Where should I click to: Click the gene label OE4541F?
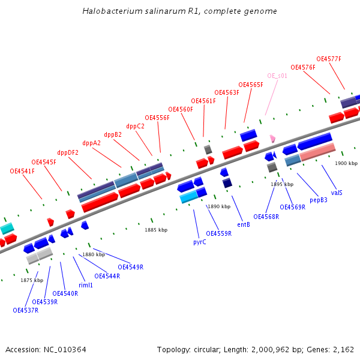[x=22, y=171]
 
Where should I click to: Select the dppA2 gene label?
[x=91, y=143]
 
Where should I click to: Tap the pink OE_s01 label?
[x=277, y=76]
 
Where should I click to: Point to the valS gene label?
[x=337, y=193]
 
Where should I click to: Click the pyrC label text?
[x=200, y=242]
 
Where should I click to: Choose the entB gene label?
[x=244, y=224]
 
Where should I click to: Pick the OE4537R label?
[x=25, y=310]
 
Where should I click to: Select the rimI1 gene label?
[x=86, y=285]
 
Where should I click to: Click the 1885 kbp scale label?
[x=156, y=230]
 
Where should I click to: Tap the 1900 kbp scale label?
[x=346, y=163]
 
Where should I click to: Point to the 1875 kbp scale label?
[x=32, y=280]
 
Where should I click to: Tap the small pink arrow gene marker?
[x=273, y=138]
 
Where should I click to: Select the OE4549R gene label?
[x=130, y=267]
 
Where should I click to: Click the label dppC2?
[x=135, y=126]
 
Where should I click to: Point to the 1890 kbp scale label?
[x=219, y=206]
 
